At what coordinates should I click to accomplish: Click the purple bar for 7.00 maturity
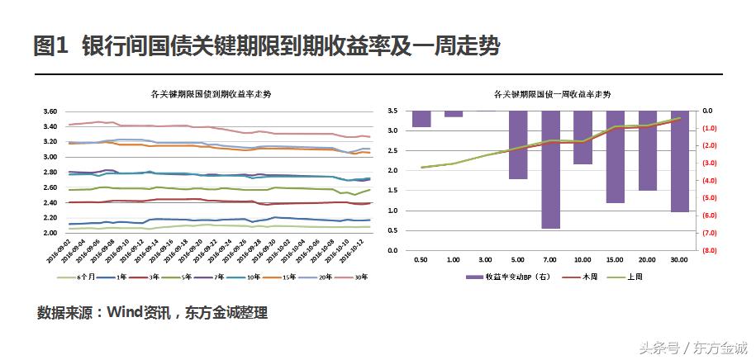pos(551,169)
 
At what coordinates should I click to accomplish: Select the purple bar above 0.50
pos(421,119)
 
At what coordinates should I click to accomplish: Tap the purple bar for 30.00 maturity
pos(680,161)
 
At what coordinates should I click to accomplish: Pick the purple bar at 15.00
pos(615,156)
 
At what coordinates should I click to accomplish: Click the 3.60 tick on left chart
pos(50,111)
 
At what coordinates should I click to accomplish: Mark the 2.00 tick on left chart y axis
pos(50,233)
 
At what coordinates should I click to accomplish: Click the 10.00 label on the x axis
pos(582,260)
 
